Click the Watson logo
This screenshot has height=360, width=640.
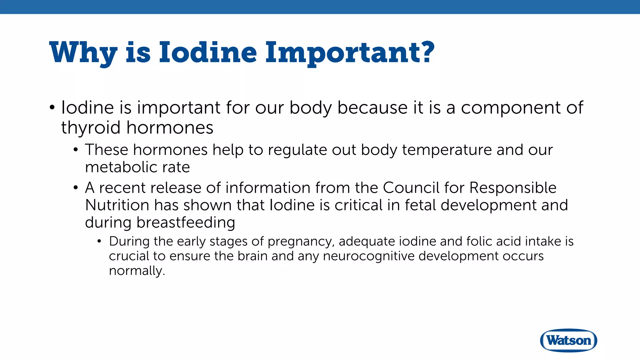(x=568, y=340)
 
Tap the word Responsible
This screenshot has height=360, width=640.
(x=513, y=188)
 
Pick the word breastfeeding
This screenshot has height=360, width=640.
(x=186, y=223)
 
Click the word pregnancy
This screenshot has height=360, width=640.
(x=301, y=242)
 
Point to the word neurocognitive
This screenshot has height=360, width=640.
(x=368, y=256)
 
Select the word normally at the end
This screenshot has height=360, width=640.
(x=137, y=271)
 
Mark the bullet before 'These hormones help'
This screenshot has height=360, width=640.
(x=76, y=150)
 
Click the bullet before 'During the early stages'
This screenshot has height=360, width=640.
(x=99, y=241)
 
